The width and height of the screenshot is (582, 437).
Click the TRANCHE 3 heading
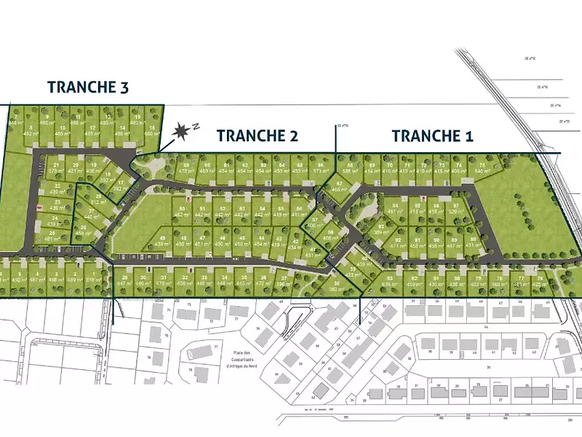coord(88,87)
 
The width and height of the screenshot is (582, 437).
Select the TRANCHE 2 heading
coord(257,135)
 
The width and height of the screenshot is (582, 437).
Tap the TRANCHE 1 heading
coord(432,135)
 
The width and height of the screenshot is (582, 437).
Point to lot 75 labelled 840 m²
coord(481,168)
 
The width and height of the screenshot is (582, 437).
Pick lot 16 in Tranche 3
coord(152,130)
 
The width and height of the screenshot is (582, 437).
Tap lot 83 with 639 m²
coord(390,282)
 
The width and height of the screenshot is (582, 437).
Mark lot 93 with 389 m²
coord(380,229)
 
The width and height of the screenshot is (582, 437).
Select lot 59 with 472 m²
coord(186,168)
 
